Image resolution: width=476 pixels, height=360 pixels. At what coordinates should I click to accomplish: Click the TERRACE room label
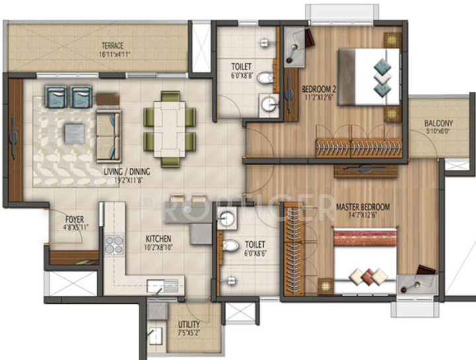(112, 46)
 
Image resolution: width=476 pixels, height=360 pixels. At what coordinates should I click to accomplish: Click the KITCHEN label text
(159, 238)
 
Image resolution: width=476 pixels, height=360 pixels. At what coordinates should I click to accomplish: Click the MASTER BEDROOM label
(362, 207)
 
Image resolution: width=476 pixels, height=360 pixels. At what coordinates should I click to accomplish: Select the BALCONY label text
(439, 124)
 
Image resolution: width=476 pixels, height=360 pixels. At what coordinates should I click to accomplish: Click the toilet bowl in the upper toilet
(265, 80)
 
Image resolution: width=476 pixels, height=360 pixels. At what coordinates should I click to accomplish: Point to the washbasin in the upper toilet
(269, 104)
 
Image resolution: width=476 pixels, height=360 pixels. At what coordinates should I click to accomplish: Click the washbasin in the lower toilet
(227, 219)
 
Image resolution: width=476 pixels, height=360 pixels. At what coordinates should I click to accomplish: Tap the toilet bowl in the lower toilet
(230, 246)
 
